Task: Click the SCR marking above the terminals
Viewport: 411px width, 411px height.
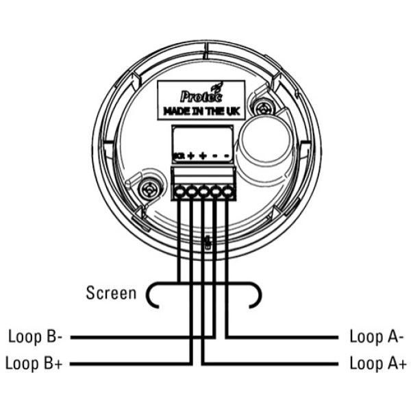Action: point(178,156)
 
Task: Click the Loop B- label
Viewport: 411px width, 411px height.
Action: point(36,337)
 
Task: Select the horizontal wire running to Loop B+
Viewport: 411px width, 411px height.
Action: point(130,363)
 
